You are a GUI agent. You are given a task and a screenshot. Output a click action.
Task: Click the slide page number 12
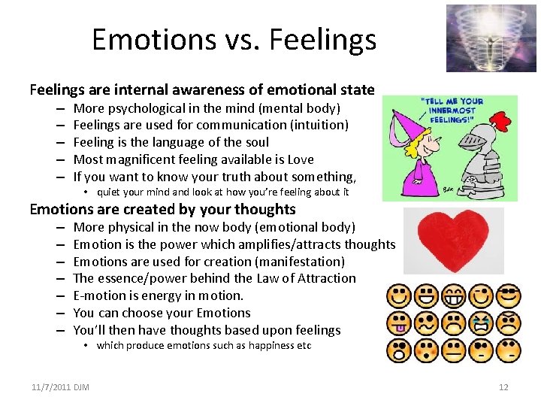tap(503, 387)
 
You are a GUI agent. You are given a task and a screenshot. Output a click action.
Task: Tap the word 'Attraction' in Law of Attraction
tap(323, 278)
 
